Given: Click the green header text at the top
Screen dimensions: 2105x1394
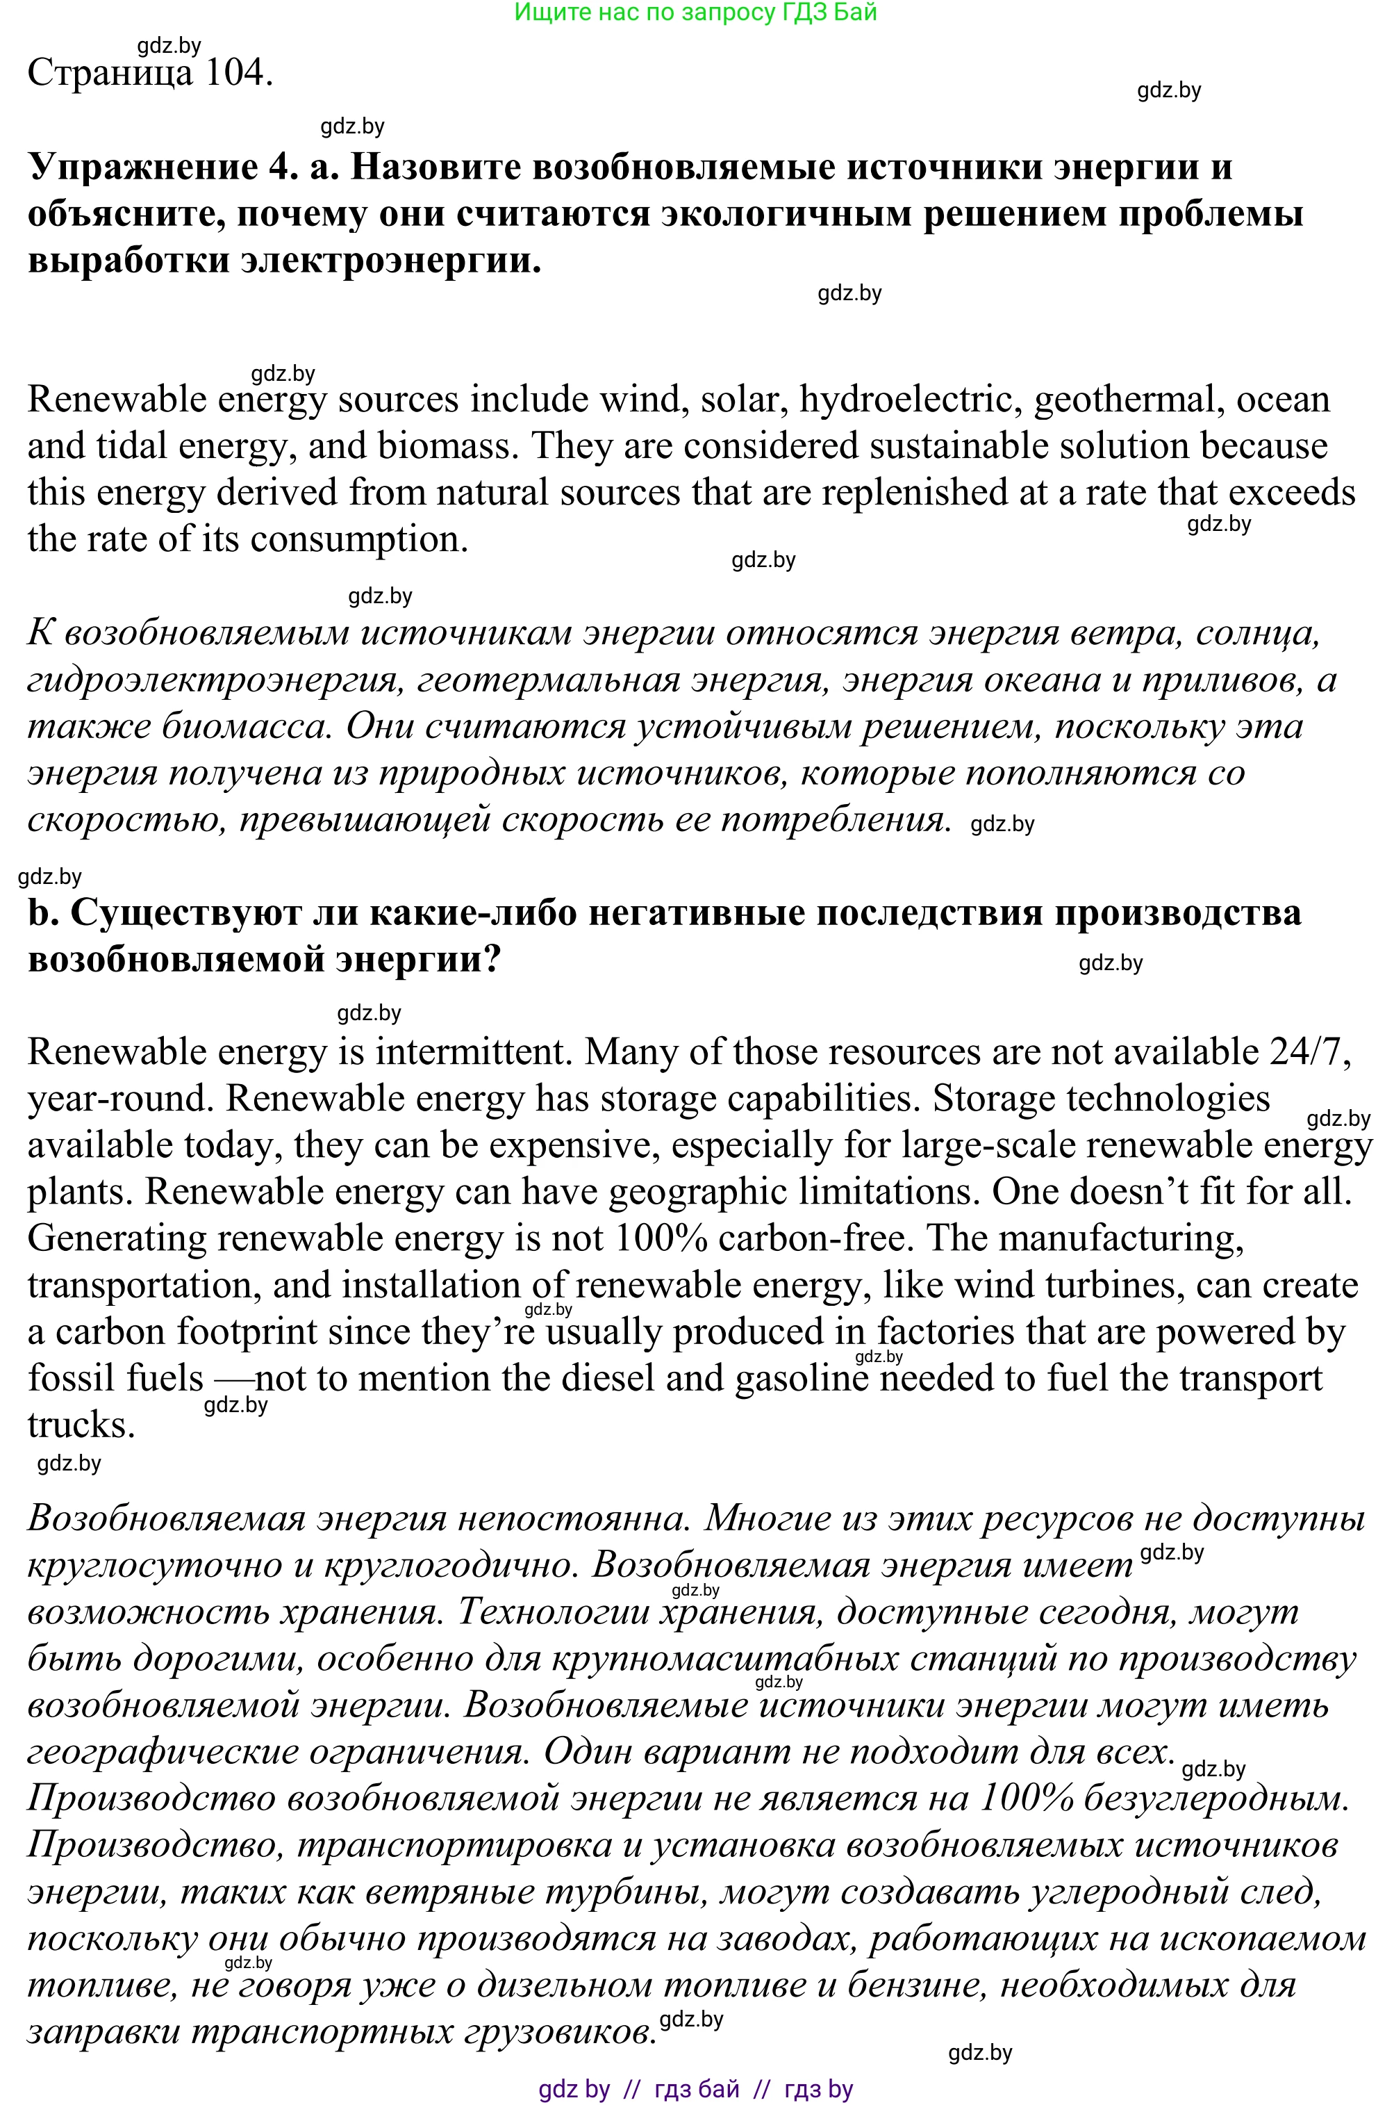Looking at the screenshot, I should (x=695, y=13).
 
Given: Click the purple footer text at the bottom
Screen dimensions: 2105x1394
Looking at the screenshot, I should (x=695, y=2089).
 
